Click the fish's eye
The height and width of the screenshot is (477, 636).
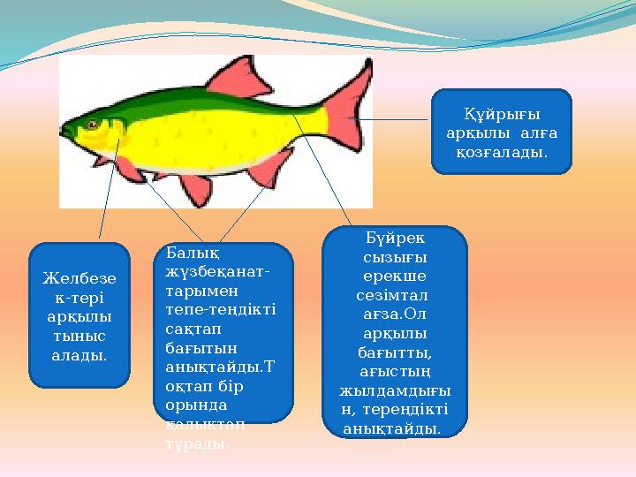click(92, 125)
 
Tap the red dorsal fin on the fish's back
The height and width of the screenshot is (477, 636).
click(240, 77)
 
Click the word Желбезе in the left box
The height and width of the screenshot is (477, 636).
click(79, 278)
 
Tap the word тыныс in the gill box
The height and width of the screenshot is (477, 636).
click(79, 337)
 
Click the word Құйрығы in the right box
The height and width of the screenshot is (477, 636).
click(502, 114)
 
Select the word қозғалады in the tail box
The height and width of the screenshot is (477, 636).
click(502, 153)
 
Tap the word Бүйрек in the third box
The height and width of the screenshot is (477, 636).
click(394, 238)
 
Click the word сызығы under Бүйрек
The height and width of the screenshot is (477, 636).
click(394, 257)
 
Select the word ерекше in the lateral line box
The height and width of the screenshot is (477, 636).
click(394, 276)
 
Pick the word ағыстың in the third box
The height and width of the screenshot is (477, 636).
click(394, 371)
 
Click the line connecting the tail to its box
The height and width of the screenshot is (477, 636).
click(393, 118)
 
